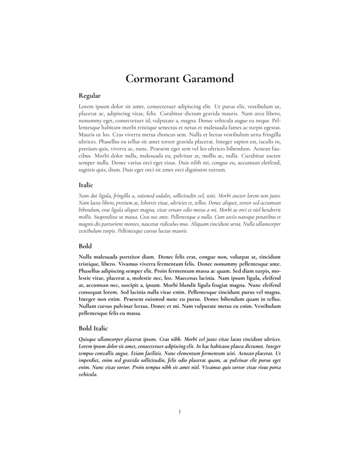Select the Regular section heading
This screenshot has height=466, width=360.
(x=90, y=95)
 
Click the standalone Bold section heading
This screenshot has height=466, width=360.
(x=85, y=246)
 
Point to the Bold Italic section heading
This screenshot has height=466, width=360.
(x=93, y=328)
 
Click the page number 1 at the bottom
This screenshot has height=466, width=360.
(x=180, y=412)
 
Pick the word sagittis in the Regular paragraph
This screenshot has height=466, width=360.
(x=87, y=170)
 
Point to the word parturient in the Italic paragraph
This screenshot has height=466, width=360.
(x=109, y=224)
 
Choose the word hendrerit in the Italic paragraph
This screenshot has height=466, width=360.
(x=270, y=210)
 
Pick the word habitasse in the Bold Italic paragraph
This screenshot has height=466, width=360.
(x=220, y=346)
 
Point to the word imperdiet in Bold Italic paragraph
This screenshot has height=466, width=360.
(x=90, y=360)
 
